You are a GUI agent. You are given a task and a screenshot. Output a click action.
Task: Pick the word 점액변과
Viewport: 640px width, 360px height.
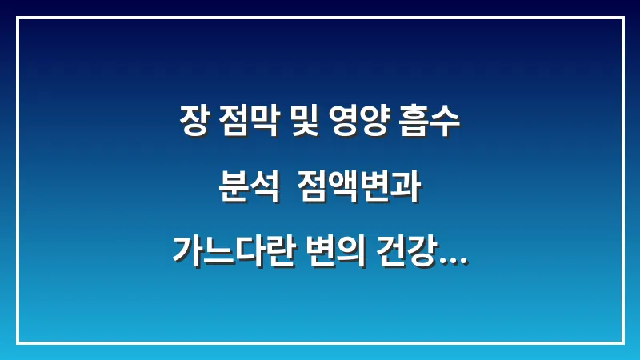pos(358,189)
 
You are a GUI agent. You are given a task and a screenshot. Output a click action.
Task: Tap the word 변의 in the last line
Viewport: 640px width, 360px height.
pos(336,252)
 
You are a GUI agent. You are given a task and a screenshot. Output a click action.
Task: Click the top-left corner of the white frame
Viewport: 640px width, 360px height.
pos(18,18)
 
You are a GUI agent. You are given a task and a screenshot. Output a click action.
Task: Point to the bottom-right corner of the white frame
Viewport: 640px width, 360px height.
pos(622,342)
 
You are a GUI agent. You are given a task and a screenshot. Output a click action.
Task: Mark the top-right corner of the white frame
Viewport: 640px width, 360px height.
pos(622,18)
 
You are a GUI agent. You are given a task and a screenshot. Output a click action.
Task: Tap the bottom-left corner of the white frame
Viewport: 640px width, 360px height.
pos(18,342)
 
